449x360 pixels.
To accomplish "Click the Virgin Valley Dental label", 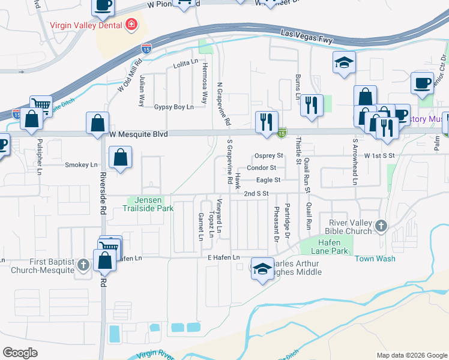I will coord(86,25).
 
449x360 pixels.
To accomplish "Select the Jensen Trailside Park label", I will coord(148,204).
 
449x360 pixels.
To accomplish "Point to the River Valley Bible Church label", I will coord(348,226).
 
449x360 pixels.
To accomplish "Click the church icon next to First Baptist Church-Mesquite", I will coord(83,264).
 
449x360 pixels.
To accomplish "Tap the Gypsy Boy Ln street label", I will coord(174,107).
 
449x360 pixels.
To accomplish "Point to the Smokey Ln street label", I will coord(81,164).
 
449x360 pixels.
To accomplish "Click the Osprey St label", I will coord(268,155).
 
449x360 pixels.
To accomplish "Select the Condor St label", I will coord(261,168).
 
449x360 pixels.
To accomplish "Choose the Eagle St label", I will coord(268,180).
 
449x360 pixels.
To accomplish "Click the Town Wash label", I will coord(375,259).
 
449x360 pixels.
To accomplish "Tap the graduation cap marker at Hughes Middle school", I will coord(262,269).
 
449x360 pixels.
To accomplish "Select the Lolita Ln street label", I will coord(185,63).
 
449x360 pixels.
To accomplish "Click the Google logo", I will coord(20,353).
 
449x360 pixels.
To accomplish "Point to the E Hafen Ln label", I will coord(223,258).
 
